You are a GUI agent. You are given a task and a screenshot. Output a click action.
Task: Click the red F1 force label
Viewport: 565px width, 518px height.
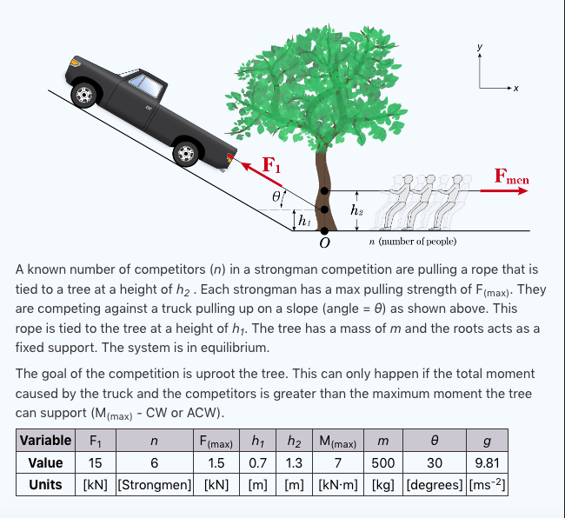coord(272,165)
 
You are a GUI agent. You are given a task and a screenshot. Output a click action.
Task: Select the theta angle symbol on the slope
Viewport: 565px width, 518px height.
coord(276,198)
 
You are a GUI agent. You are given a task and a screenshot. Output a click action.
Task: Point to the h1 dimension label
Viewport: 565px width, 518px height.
coord(303,222)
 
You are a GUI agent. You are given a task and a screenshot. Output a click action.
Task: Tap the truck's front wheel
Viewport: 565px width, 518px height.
coord(185,153)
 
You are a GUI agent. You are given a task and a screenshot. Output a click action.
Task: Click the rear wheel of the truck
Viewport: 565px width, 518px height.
coord(84,93)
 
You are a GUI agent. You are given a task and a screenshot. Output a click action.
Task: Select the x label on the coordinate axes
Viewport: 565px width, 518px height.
coord(515,89)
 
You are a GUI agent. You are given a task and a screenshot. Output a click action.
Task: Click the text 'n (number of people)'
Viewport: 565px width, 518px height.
coord(413,241)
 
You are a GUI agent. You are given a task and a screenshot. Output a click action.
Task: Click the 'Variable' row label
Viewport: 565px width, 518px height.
coord(45,441)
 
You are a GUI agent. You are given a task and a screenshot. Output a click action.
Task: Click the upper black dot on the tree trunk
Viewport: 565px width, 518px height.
coord(324,190)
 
